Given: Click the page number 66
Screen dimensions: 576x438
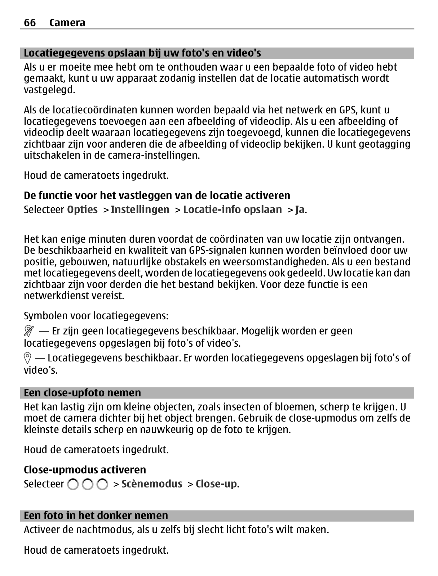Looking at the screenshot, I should (x=30, y=23).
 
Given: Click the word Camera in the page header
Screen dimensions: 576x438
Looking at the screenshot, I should (x=67, y=23).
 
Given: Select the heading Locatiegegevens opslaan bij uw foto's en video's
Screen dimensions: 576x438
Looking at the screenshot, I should (x=142, y=53).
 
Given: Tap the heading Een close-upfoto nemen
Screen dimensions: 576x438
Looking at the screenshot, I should (x=82, y=393).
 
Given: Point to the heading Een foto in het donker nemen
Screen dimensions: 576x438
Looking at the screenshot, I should (x=96, y=516).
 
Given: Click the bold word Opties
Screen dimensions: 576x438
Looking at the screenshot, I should (x=82, y=210).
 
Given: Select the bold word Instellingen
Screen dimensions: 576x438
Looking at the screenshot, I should (x=140, y=210).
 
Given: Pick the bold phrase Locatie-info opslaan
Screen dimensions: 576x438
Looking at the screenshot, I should (x=232, y=210).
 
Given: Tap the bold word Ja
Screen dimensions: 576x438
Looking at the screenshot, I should (x=300, y=210).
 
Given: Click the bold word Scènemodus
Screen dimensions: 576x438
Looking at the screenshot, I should (x=152, y=484).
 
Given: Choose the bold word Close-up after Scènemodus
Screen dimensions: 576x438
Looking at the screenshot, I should (x=216, y=484).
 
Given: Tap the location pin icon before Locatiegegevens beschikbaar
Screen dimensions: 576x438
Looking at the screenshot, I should (x=27, y=358).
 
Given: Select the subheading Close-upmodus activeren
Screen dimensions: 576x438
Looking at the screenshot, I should (x=85, y=470).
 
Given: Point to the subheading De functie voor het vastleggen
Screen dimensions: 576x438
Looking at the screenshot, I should (x=157, y=195).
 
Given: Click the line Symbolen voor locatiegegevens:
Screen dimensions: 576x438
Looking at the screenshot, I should (x=96, y=316).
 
